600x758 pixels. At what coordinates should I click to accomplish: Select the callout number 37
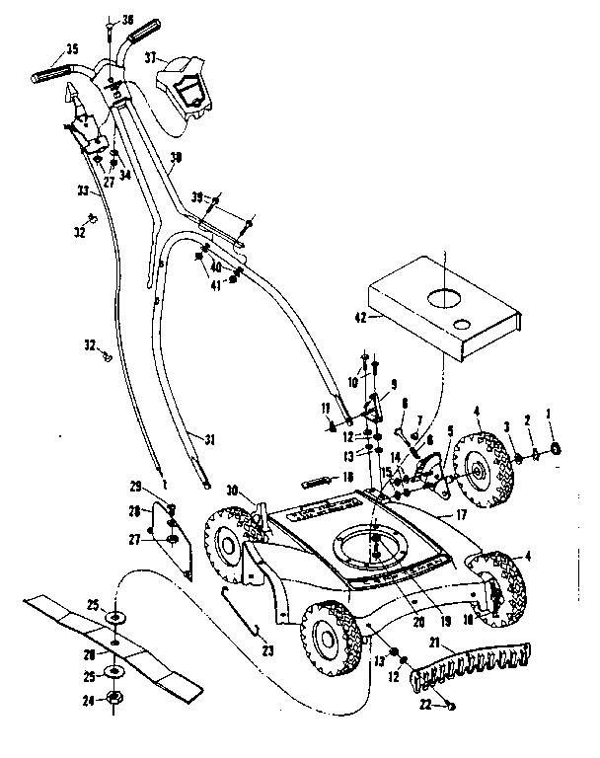(x=151, y=58)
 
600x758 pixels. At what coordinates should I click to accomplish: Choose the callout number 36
(x=126, y=20)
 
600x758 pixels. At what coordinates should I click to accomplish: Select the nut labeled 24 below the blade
(x=115, y=701)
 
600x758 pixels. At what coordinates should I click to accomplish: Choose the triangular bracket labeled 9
(x=376, y=406)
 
